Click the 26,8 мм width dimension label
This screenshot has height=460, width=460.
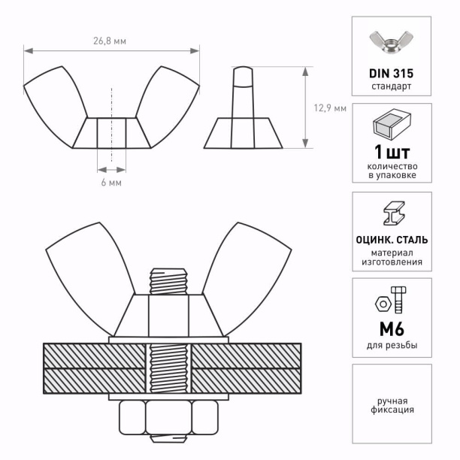pos(110,41)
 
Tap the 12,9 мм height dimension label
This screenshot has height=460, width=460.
pos(330,108)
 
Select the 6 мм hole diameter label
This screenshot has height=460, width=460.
pos(111,183)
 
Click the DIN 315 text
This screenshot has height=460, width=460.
pos(391,74)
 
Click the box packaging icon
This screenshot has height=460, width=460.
pos(392,124)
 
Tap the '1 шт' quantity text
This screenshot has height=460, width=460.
pos(392,152)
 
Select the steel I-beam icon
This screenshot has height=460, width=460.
pos(394,213)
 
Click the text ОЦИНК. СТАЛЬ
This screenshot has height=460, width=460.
pos(392,240)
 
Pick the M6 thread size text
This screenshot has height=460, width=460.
pos(392,329)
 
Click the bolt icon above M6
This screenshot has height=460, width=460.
pos(398,299)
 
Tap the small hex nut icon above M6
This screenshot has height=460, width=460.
pos(383,304)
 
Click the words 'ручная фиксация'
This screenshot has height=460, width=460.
pos(392,405)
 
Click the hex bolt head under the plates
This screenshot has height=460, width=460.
pos(168,417)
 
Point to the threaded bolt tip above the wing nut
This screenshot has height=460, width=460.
pos(168,281)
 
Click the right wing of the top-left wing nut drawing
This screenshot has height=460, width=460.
pos(168,107)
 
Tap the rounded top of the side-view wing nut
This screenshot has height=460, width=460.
pos(243,77)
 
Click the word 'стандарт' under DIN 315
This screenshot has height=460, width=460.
pos(392,86)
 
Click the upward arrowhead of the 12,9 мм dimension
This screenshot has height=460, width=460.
pos(305,71)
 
